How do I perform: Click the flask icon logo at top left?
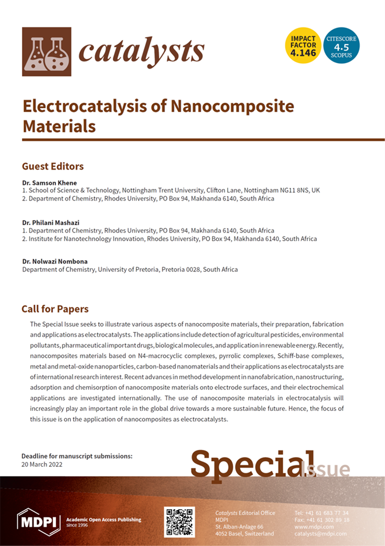coord(46,52)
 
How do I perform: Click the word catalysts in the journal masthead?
coord(142,52)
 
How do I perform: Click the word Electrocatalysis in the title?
coord(92,106)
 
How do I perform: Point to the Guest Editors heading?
coord(53,166)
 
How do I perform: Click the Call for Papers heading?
coord(55,309)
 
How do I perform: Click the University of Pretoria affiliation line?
coord(130,270)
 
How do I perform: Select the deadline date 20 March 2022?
coord(42,464)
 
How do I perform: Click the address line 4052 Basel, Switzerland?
coord(244,533)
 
